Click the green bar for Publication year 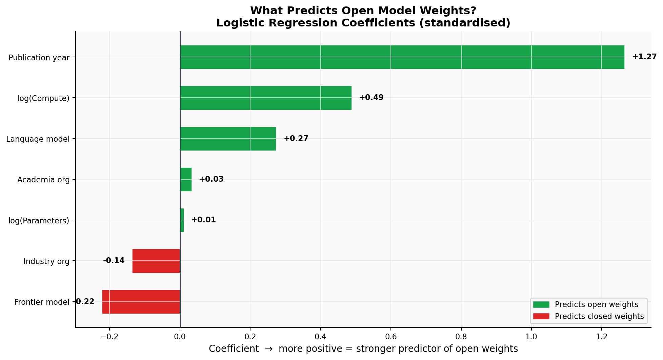[402, 57]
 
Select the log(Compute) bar [265, 98]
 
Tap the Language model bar [228, 139]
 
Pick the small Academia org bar [186, 179]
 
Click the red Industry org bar [156, 261]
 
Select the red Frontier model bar [141, 302]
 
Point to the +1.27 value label [644, 57]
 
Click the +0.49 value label [371, 98]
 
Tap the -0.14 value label [114, 261]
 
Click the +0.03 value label [211, 179]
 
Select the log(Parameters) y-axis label [39, 221]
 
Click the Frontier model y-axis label [42, 302]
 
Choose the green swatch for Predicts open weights [541, 304]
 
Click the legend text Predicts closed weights [599, 316]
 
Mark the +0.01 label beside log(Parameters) [203, 220]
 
